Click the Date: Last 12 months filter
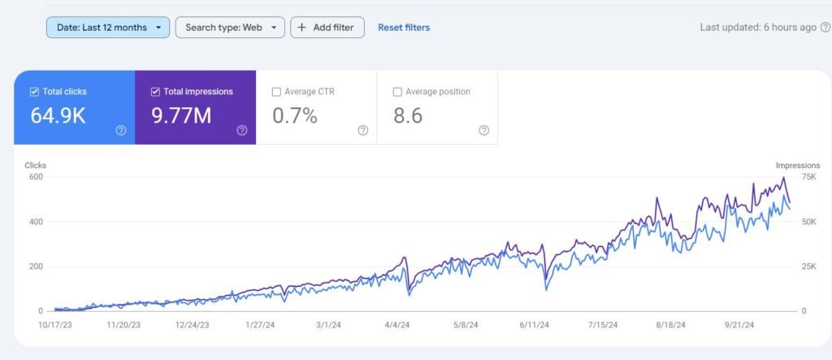(x=107, y=28)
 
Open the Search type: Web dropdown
(x=230, y=28)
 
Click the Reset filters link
(x=404, y=28)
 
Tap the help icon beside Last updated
(x=825, y=28)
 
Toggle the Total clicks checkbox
(x=34, y=92)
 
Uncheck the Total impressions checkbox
(x=155, y=92)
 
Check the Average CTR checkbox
(x=276, y=92)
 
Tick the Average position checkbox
(x=397, y=92)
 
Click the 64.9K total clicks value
(x=58, y=115)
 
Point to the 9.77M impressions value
(x=181, y=115)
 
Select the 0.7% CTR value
(x=294, y=115)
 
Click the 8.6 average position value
(x=408, y=115)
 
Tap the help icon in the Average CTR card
(x=362, y=130)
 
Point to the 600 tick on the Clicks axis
(x=35, y=177)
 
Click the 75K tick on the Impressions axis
(x=785, y=177)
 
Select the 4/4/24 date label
(x=396, y=325)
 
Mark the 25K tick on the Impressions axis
(x=785, y=267)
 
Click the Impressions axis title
(x=797, y=165)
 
